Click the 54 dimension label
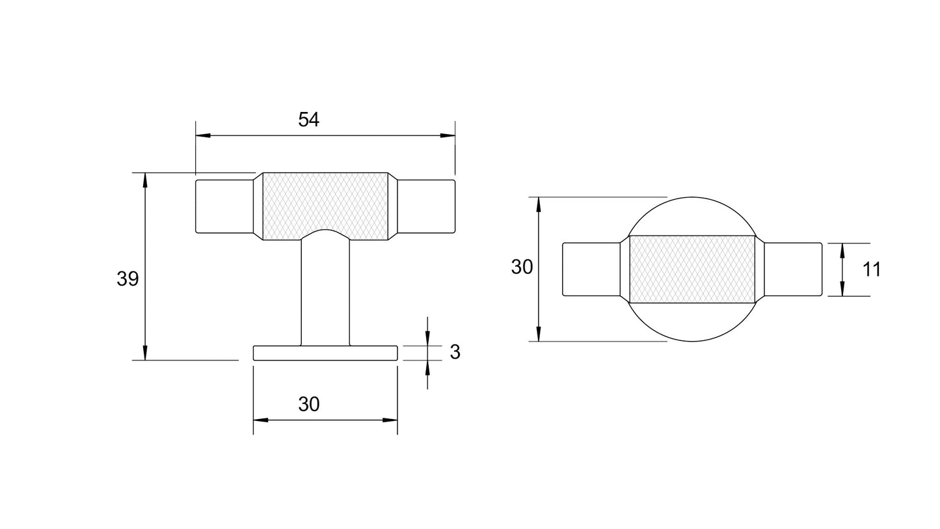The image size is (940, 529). pyautogui.click(x=308, y=120)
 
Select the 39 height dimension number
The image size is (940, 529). pyautogui.click(x=128, y=279)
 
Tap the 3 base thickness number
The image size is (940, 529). pyautogui.click(x=455, y=352)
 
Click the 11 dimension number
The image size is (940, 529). pyautogui.click(x=871, y=269)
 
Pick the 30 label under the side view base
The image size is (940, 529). pyautogui.click(x=308, y=404)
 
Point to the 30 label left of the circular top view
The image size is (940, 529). pyautogui.click(x=522, y=267)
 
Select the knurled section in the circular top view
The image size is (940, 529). pyautogui.click(x=692, y=269)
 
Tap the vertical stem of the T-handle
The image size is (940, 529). pyautogui.click(x=325, y=293)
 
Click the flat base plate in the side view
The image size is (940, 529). pyautogui.click(x=325, y=353)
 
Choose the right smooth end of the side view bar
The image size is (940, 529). pyautogui.click(x=426, y=206)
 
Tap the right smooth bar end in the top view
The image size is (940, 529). pyautogui.click(x=793, y=269)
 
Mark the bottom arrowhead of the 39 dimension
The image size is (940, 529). pyautogui.click(x=144, y=353)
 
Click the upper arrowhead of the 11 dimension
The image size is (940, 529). pyautogui.click(x=842, y=250)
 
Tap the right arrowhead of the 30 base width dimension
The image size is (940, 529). pyautogui.click(x=390, y=420)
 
